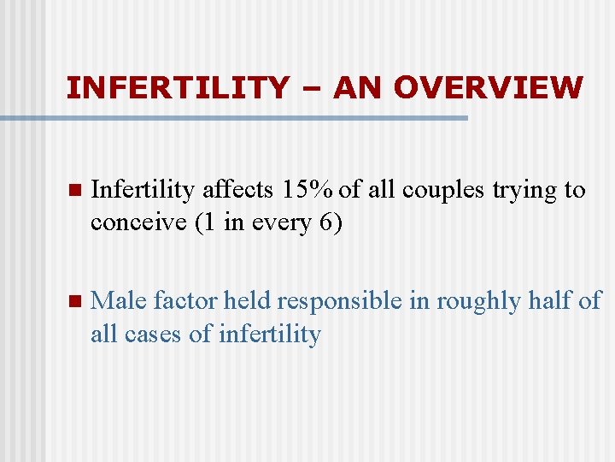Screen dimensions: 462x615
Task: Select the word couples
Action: coord(444,191)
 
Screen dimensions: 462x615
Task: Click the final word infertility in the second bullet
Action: coord(269,334)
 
